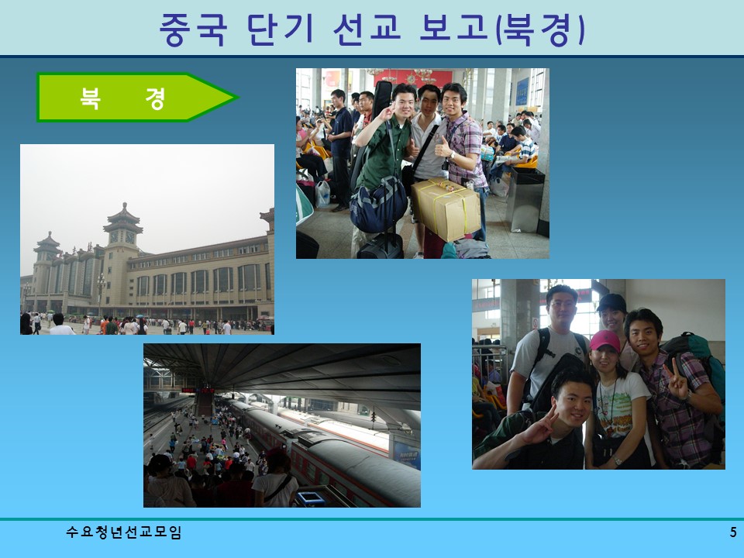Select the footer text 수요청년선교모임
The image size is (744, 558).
[x=124, y=532]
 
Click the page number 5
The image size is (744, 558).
[x=732, y=532]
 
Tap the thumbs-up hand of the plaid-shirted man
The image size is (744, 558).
[x=443, y=147]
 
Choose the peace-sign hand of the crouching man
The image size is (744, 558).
[x=546, y=422]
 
